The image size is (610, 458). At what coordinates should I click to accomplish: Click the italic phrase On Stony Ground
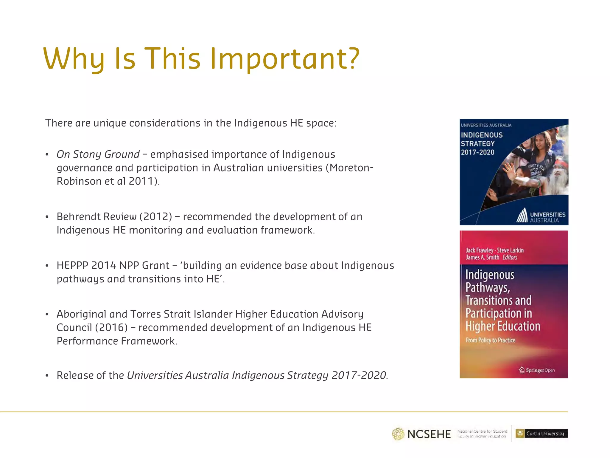(98, 154)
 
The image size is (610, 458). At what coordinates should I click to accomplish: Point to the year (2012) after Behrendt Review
(156, 217)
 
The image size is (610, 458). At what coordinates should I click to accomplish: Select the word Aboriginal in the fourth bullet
(81, 314)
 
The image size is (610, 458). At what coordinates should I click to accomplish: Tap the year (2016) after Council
(111, 328)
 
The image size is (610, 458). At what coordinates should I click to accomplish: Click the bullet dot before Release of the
(47, 376)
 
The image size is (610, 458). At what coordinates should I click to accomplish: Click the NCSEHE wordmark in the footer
(429, 434)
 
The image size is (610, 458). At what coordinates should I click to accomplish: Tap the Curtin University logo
(541, 434)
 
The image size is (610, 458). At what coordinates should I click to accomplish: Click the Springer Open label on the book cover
(537, 370)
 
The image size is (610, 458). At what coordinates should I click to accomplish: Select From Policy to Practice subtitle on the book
(490, 340)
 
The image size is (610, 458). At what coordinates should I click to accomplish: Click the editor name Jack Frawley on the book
(479, 250)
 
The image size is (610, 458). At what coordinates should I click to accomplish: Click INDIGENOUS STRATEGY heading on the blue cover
(482, 139)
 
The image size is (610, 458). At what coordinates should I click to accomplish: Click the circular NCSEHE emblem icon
(398, 434)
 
